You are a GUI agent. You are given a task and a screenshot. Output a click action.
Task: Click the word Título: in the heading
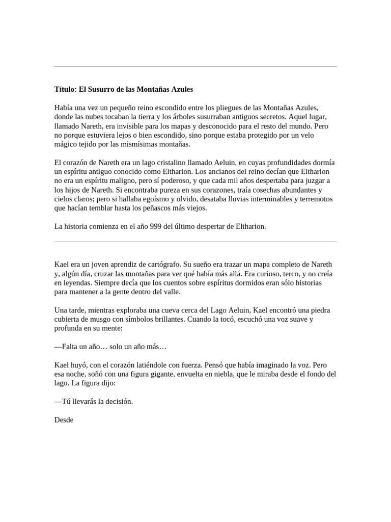[65, 89]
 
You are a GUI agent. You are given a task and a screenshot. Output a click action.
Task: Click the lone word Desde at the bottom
[64, 420]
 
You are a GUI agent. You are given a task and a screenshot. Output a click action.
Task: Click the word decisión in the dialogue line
[118, 402]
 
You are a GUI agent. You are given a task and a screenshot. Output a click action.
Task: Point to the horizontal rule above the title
[195, 67]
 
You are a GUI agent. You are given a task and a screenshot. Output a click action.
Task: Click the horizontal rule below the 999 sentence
[195, 242]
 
